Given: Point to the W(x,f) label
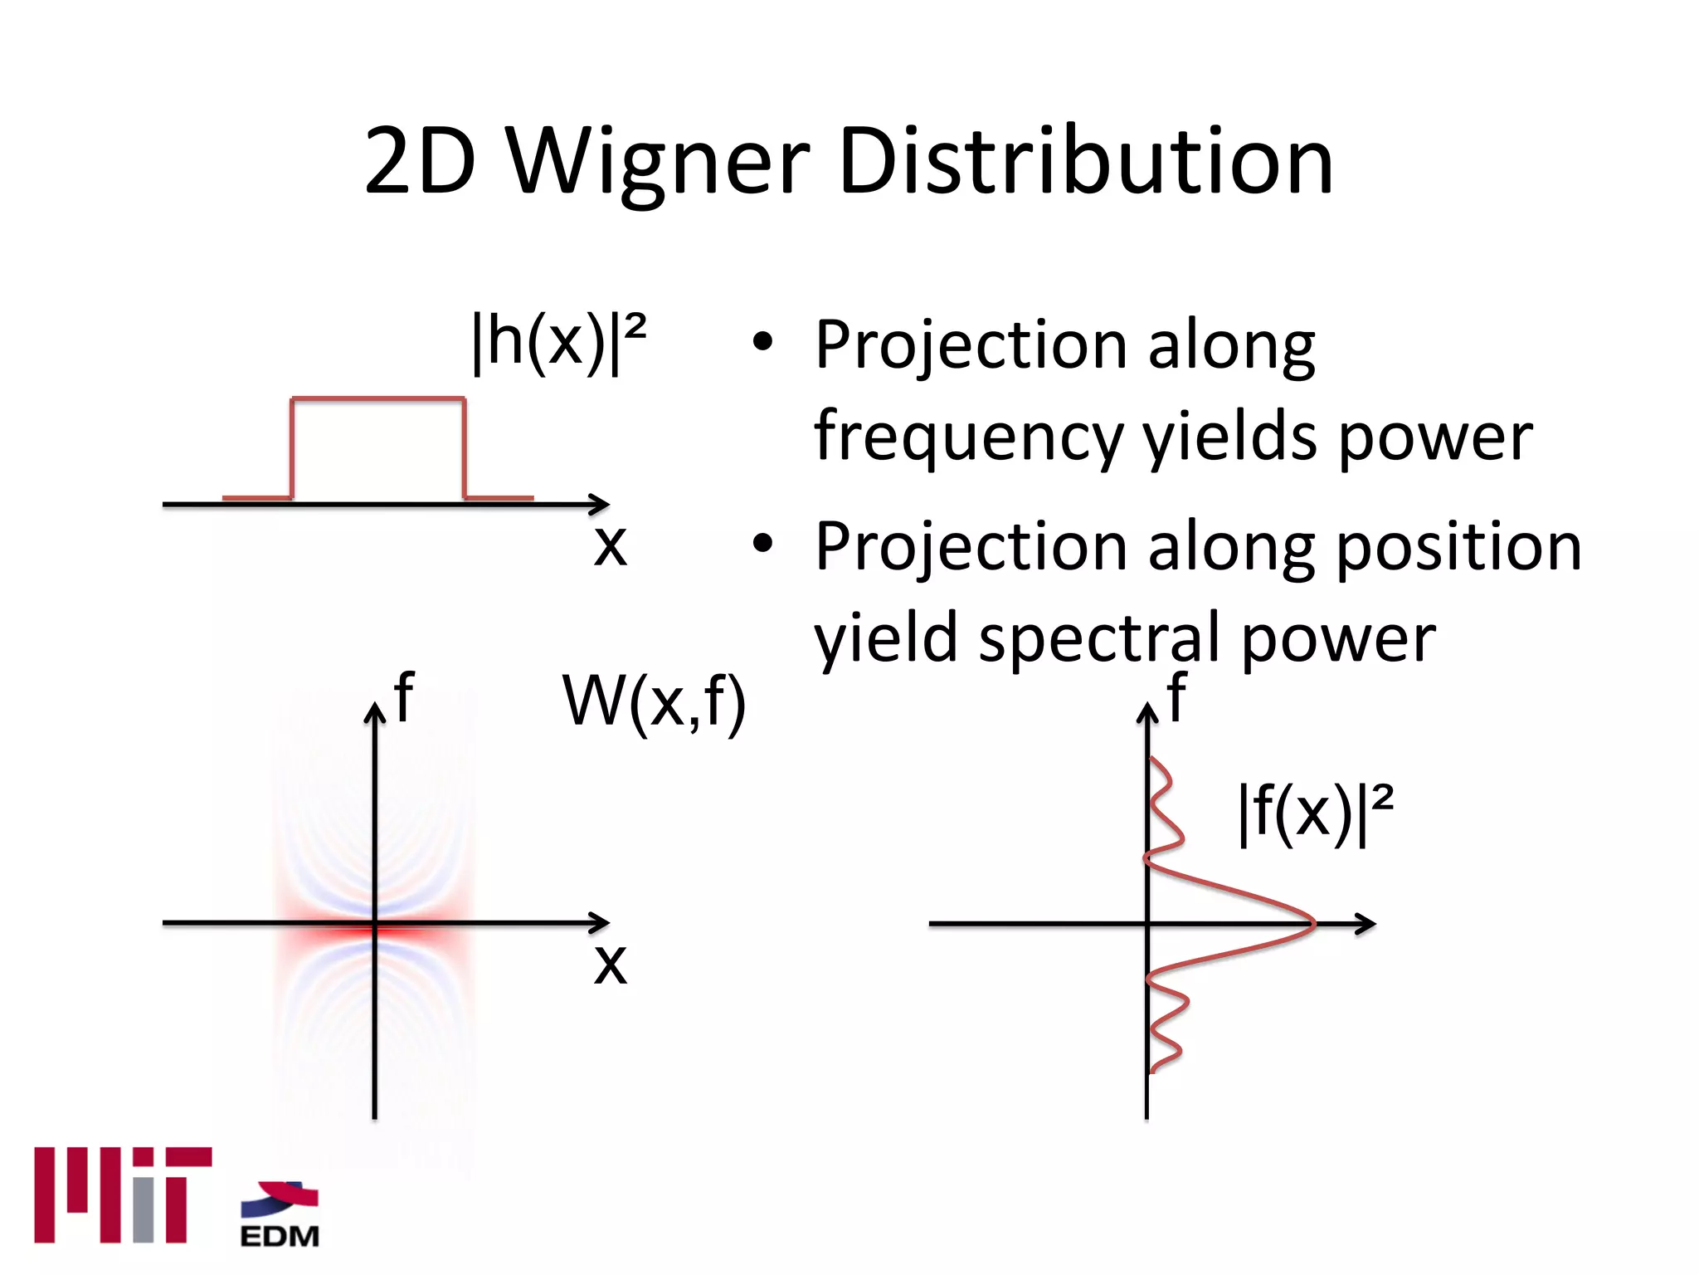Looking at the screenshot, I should pyautogui.click(x=654, y=702).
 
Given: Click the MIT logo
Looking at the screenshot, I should pyautogui.click(x=123, y=1194).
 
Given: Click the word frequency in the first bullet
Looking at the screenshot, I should pyautogui.click(x=967, y=437).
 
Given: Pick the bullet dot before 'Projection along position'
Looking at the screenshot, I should pyautogui.click(x=762, y=544).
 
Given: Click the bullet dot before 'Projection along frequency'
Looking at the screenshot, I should pyautogui.click(x=762, y=342).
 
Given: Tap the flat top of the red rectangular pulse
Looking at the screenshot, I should pyautogui.click(x=377, y=400).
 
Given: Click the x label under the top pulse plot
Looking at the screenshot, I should pyautogui.click(x=610, y=546).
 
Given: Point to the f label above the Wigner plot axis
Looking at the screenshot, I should pyautogui.click(x=404, y=696).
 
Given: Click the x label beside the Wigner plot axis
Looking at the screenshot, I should pyautogui.click(x=610, y=965).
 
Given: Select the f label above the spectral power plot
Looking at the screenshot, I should pyautogui.click(x=1176, y=696).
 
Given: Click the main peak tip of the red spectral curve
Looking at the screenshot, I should pyautogui.click(x=1313, y=923).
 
